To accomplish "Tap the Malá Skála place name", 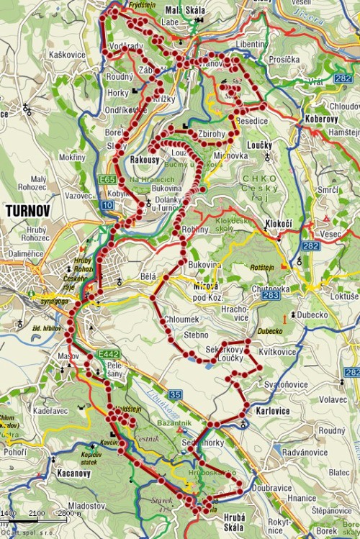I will [x=186, y=10].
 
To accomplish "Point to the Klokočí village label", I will [x=279, y=225].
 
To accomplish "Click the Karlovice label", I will [x=273, y=411].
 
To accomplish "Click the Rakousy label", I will [x=146, y=159].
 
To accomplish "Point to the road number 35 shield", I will [x=176, y=394].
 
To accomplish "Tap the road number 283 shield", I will [x=271, y=295].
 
